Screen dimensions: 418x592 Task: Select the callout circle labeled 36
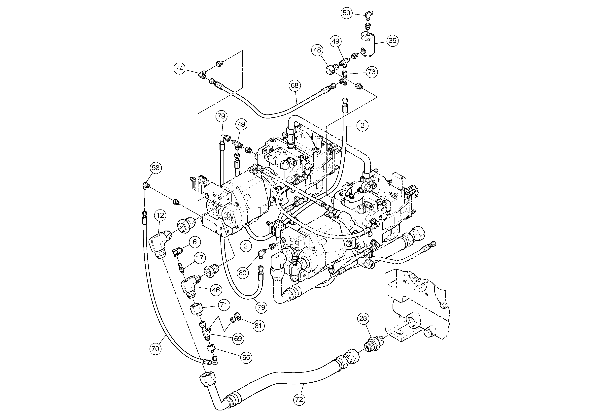point(392,41)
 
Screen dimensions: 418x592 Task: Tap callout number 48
point(317,50)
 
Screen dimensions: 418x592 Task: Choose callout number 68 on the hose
point(295,85)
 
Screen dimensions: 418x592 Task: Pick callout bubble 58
point(156,168)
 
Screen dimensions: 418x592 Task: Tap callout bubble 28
point(363,319)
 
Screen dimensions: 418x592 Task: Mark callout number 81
point(258,326)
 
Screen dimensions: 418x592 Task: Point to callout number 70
point(155,349)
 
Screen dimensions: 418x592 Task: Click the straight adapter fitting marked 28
point(373,344)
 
